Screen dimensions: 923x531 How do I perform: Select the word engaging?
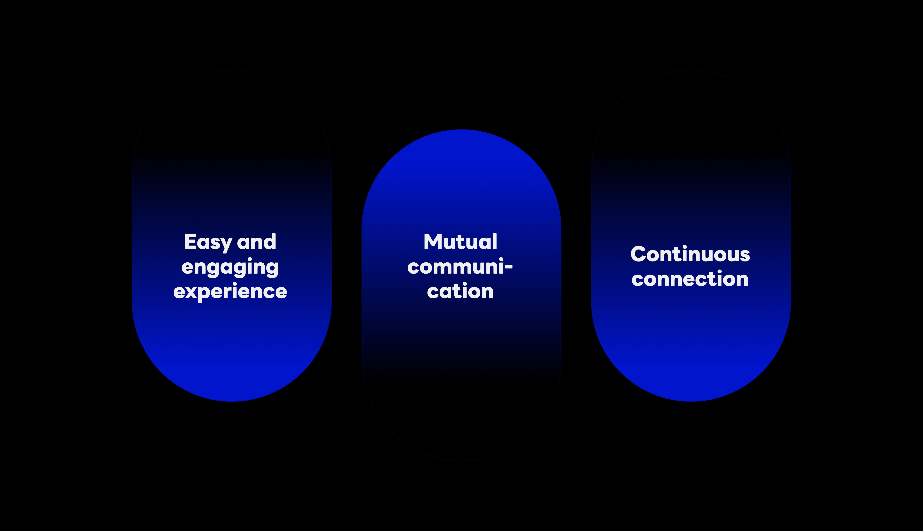point(230,267)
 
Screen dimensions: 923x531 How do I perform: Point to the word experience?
point(230,292)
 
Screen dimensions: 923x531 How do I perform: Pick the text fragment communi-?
point(460,267)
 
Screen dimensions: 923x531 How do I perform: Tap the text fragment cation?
point(460,291)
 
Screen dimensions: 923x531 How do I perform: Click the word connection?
point(690,279)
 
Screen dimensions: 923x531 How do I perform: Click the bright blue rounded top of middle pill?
point(461,153)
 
